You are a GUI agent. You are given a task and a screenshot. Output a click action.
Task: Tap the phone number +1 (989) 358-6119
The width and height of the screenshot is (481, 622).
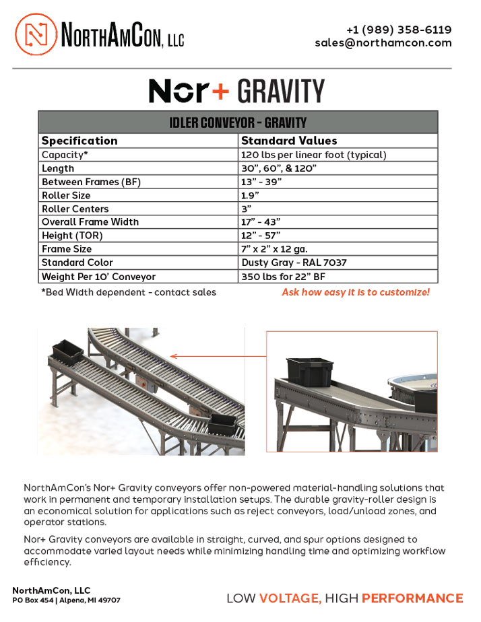click(399, 30)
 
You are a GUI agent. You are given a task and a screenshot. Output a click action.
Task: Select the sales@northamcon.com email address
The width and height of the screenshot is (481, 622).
click(383, 42)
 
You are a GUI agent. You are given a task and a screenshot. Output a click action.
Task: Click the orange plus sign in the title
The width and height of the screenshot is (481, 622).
click(220, 92)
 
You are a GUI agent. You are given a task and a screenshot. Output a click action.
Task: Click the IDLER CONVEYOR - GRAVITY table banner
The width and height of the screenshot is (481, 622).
click(238, 123)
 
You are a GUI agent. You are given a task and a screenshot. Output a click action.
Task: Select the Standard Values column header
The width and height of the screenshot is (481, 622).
click(289, 141)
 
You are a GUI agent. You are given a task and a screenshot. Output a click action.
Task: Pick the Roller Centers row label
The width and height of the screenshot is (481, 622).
click(75, 209)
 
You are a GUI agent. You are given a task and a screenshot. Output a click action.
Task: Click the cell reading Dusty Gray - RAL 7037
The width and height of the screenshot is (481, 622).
click(294, 263)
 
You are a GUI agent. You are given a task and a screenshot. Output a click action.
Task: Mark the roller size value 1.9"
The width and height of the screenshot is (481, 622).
click(251, 195)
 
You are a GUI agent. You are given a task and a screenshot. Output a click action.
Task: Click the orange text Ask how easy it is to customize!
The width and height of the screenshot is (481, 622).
click(355, 292)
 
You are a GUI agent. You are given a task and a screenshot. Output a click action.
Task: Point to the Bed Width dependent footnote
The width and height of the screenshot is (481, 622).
click(129, 292)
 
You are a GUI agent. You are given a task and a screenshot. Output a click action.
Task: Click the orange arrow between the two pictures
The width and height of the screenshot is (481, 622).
click(215, 355)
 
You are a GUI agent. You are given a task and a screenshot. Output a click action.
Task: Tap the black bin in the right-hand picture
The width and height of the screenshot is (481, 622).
click(310, 370)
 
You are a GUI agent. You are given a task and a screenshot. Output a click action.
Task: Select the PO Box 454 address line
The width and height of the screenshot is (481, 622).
click(67, 600)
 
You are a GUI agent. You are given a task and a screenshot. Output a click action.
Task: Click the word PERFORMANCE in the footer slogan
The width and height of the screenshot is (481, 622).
click(412, 598)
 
